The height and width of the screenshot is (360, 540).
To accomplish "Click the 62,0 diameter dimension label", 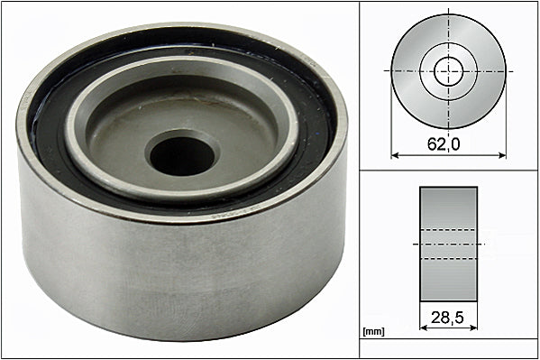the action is click(x=444, y=143).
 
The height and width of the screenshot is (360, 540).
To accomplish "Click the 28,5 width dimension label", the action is click(x=447, y=318).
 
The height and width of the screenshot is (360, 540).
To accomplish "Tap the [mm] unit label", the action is click(x=373, y=332).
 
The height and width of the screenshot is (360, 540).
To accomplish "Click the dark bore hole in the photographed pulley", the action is click(x=182, y=156).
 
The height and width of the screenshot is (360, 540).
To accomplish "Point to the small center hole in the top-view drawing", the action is click(x=448, y=71).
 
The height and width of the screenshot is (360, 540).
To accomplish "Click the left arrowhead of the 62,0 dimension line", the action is click(x=395, y=155).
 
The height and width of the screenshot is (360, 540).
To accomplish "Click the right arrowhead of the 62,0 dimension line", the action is click(x=502, y=155).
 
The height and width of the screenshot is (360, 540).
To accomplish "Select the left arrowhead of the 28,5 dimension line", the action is click(x=423, y=328).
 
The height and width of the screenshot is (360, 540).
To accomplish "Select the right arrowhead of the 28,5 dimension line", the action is click(x=473, y=328).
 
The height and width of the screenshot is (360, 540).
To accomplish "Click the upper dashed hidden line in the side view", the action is click(x=448, y=230).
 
